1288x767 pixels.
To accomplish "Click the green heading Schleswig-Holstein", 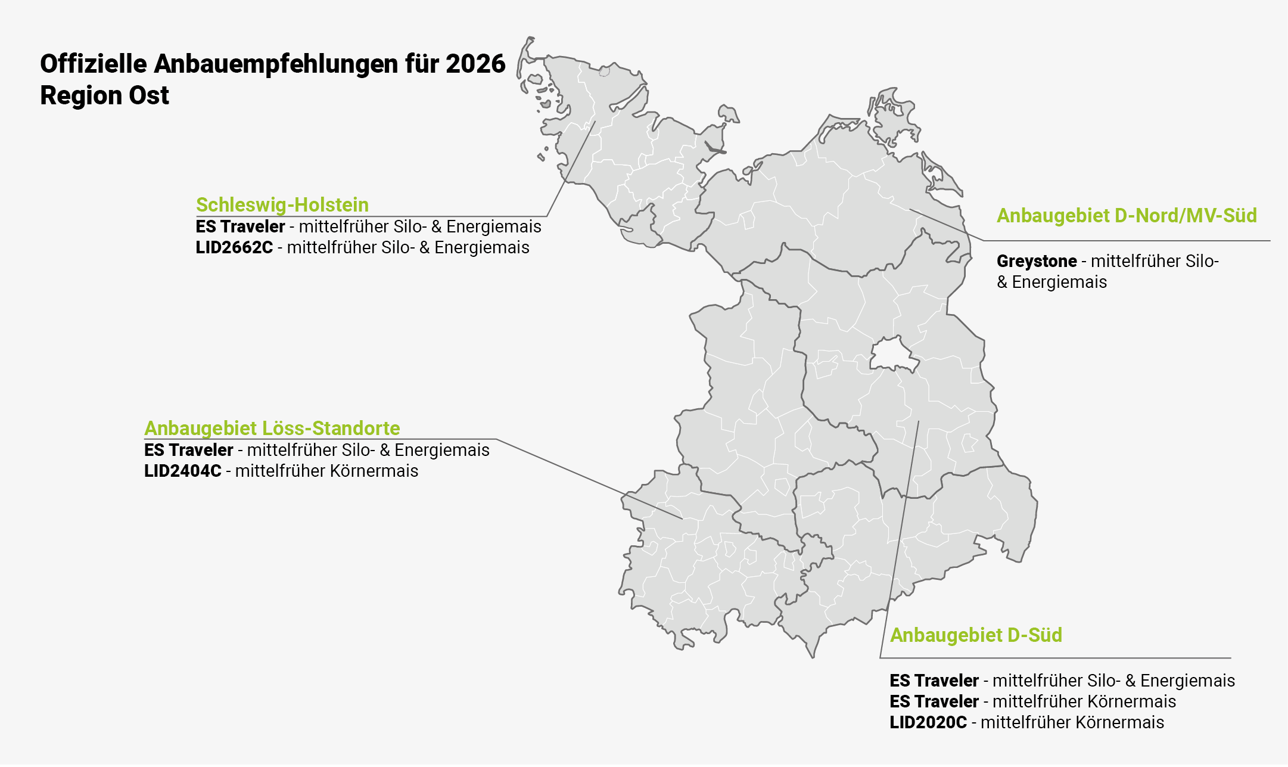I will pos(282,205).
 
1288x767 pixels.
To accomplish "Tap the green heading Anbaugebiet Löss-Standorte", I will pos(272,428).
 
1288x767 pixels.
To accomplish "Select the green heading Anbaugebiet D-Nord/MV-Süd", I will pos(1127,216).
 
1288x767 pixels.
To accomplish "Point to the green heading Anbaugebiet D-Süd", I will pos(976,635).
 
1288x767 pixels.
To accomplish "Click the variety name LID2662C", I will pos(234,248).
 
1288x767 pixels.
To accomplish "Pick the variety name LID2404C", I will pos(182,471).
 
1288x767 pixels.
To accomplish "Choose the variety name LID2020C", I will pos(928,723).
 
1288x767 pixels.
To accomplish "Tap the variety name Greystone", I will pos(1037,262).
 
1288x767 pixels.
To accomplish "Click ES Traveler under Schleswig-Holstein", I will pos(240,227).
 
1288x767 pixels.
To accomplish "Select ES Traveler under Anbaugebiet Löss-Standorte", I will pos(188,451).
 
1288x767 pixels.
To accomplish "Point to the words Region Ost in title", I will pos(104,96).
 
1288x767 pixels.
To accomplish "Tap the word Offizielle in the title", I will pos(93,64).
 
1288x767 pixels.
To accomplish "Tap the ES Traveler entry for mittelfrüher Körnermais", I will pos(934,702).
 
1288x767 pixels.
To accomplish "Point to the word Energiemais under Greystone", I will pos(1059,282).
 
